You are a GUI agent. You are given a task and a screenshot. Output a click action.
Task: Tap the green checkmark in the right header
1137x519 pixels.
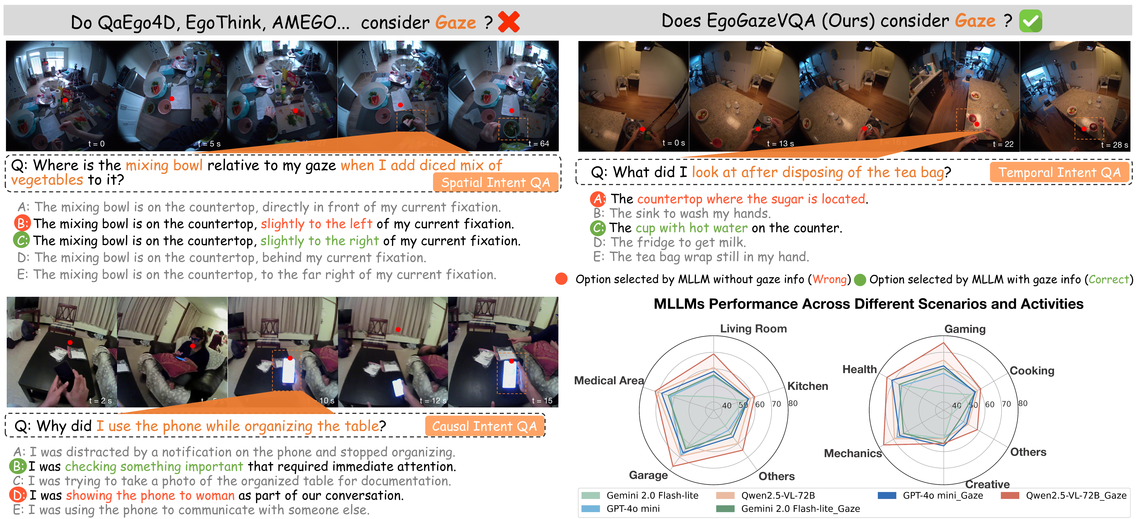(x=1030, y=21)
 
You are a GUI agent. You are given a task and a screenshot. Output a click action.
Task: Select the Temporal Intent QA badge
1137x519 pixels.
(x=1059, y=172)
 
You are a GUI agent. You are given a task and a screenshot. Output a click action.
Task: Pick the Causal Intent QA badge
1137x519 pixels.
(x=484, y=426)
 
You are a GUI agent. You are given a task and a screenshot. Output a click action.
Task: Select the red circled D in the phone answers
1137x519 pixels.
(x=18, y=495)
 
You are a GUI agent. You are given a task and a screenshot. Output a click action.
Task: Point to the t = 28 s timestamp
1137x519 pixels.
(x=1114, y=145)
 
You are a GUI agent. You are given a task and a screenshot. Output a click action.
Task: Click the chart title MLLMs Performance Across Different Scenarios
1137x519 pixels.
(x=868, y=304)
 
